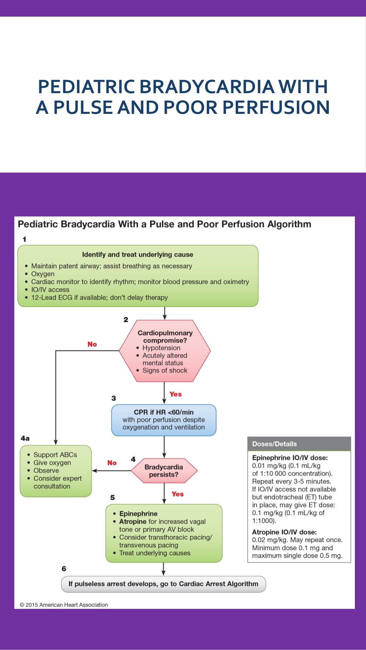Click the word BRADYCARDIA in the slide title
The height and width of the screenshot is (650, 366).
tap(207, 87)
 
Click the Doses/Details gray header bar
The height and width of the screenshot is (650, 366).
tap(299, 444)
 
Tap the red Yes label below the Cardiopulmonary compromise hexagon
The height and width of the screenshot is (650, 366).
tap(175, 394)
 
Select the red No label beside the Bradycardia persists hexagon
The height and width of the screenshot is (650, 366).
tap(112, 463)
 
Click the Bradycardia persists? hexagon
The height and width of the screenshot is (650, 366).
tap(164, 471)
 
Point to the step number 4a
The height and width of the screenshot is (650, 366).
tap(25, 438)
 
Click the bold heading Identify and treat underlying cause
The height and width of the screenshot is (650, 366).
tap(138, 255)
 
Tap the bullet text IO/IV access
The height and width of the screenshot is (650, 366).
tap(50, 289)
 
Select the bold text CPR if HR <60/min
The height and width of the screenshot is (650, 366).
tap(164, 412)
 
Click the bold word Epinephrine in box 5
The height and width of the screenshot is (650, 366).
tap(138, 514)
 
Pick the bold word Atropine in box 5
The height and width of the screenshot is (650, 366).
tap(133, 521)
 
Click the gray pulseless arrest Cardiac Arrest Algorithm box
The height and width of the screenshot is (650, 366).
tap(163, 584)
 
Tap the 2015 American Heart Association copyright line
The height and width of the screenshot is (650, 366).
tap(64, 605)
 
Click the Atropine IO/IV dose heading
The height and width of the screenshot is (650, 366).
tap(284, 532)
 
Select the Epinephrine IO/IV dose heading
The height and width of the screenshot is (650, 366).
tap(290, 458)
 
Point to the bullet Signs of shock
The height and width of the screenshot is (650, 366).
tap(165, 371)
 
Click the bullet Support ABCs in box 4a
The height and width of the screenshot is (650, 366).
tap(55, 455)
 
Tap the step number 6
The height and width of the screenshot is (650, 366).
tap(64, 569)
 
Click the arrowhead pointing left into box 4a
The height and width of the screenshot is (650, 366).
tap(94, 471)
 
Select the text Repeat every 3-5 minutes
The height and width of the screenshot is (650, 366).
tap(291, 481)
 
